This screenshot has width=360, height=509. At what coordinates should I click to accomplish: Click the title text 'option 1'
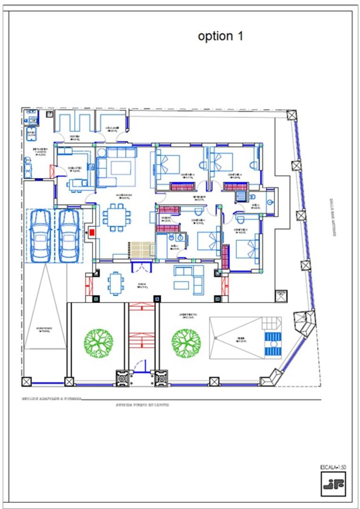pyautogui.click(x=221, y=36)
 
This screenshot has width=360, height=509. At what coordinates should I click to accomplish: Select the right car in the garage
pyautogui.click(x=69, y=235)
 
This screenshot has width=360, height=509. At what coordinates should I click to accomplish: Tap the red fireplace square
pyautogui.click(x=92, y=232)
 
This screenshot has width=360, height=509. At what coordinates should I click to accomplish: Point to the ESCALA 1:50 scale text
pyautogui.click(x=333, y=467)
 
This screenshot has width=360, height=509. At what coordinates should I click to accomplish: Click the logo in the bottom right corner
pyautogui.click(x=333, y=484)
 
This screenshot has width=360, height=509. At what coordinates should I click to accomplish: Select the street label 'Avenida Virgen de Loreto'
pyautogui.click(x=142, y=405)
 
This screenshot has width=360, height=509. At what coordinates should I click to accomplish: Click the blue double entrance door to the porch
pyautogui.click(x=141, y=267)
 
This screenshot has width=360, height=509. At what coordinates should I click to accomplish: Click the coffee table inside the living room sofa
pyautogui.click(x=122, y=167)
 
